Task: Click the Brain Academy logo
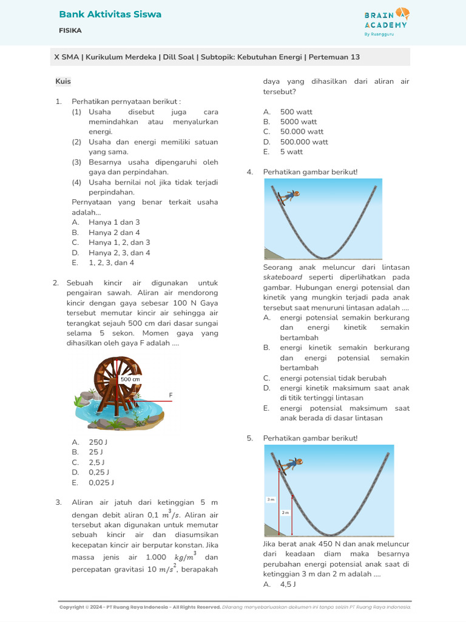(x=385, y=22)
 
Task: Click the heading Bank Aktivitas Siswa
(x=110, y=14)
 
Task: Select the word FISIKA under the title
(x=70, y=30)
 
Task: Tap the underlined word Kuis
(x=63, y=81)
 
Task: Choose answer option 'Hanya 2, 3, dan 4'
(x=119, y=253)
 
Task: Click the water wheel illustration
(x=118, y=392)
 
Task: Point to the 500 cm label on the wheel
(x=130, y=379)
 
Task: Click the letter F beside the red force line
(x=171, y=395)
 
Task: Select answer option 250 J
(x=98, y=442)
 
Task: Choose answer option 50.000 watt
(x=302, y=132)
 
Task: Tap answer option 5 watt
(x=291, y=152)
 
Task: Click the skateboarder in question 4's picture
(x=288, y=196)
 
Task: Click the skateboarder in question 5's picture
(x=290, y=465)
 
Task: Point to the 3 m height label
(x=271, y=499)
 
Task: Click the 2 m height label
(x=285, y=513)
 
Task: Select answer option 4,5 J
(x=288, y=584)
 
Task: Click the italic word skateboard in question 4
(x=283, y=277)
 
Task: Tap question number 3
(x=58, y=502)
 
